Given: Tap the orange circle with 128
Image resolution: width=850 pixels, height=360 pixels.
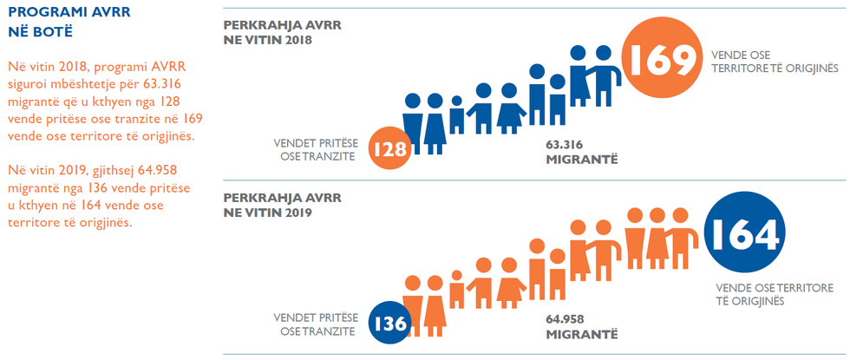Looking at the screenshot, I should tap(389, 149).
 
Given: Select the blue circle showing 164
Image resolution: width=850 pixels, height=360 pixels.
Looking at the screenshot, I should tap(743, 233).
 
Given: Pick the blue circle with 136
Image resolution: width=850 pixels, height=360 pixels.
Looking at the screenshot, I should tap(389, 324).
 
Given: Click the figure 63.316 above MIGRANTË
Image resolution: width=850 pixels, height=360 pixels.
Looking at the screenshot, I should tap(564, 144).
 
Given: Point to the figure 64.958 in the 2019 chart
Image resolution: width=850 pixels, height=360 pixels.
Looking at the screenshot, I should tap(566, 318).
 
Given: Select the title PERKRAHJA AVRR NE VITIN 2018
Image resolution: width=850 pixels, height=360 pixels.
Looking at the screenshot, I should tap(282, 33).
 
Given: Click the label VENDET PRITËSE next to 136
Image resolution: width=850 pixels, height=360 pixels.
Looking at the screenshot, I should tap(315, 317).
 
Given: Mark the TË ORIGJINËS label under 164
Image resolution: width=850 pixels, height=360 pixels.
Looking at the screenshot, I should tap(749, 301).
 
